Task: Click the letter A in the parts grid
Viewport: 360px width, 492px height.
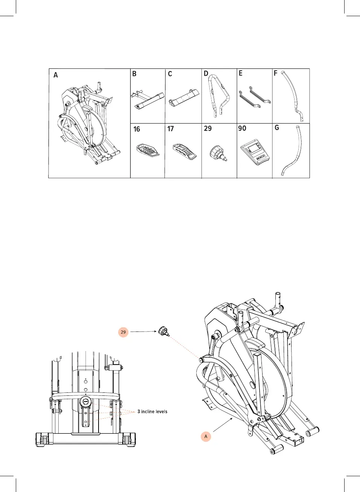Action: [56, 75]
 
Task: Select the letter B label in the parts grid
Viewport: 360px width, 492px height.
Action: [134, 74]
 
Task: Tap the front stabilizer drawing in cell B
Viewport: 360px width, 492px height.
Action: [147, 100]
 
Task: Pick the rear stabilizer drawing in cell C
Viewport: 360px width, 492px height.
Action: [183, 98]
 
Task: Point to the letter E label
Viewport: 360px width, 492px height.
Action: [241, 73]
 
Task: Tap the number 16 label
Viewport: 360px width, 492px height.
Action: [137, 129]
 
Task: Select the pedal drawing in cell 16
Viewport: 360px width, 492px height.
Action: [147, 149]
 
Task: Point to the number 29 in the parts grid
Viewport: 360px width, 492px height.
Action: [208, 129]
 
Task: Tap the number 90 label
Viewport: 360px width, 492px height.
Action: [242, 129]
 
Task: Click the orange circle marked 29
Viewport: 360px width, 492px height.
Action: [123, 332]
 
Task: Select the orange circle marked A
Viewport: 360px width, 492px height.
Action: [206, 436]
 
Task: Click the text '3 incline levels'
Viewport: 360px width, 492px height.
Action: [152, 412]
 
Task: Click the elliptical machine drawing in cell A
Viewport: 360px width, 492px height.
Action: [89, 124]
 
